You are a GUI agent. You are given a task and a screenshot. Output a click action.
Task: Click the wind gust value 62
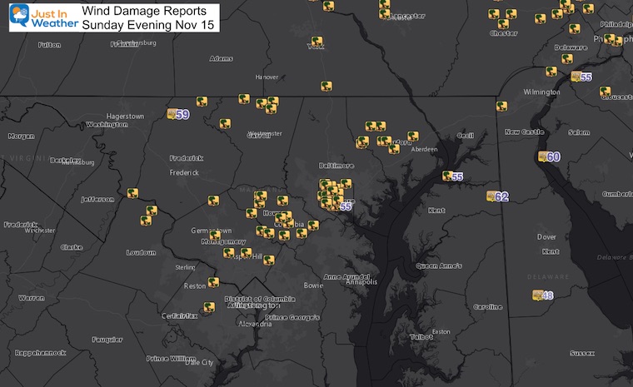(x=501, y=196)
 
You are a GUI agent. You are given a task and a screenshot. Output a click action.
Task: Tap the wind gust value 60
(x=554, y=156)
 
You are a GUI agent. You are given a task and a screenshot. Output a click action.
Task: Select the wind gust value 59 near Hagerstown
(x=182, y=114)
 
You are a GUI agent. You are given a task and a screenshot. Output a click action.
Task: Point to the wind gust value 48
(x=548, y=295)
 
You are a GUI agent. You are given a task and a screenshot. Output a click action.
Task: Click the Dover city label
(x=547, y=236)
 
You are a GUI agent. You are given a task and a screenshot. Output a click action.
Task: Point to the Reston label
(x=196, y=286)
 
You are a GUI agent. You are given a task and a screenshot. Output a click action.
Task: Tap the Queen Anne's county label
(x=437, y=266)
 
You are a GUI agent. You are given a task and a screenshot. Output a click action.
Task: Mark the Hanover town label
(x=267, y=77)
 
